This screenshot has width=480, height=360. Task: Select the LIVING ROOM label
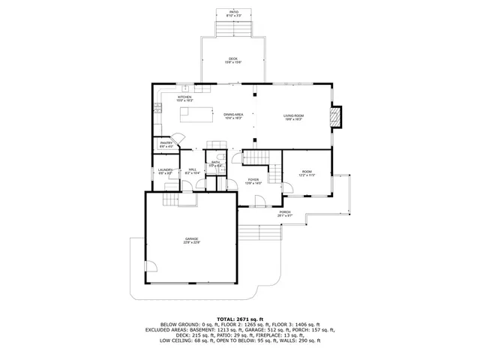pos(293,116)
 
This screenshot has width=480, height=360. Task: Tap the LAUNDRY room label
pos(166,172)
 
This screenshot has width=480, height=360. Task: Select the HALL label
pos(192,172)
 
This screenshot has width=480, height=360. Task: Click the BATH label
pos(215,163)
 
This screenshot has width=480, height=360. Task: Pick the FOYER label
pos(254,181)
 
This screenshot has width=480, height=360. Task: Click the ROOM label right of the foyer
pos(306,174)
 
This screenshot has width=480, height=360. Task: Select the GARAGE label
pos(193,240)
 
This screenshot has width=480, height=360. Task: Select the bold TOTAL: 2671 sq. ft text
pos(239,319)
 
